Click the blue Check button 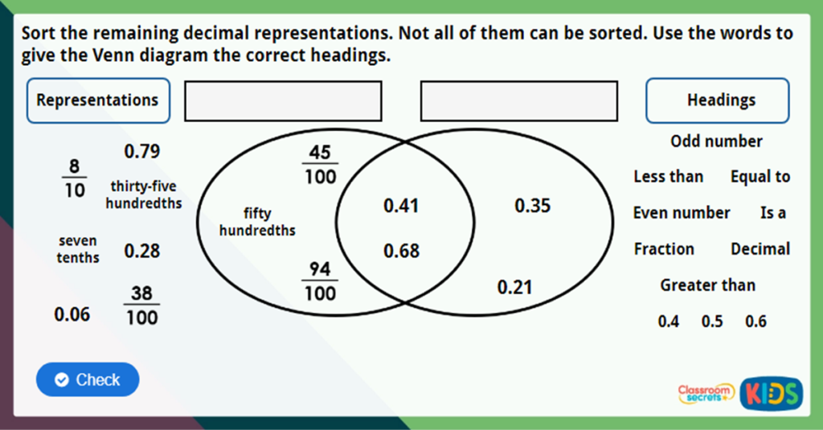(x=88, y=379)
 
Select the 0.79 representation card (x=142, y=151)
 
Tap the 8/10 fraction (x=75, y=178)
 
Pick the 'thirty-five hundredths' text (x=143, y=195)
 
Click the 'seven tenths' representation (x=78, y=249)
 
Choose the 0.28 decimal (x=142, y=251)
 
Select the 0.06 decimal (x=72, y=314)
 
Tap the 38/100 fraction (x=141, y=305)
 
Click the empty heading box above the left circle (x=283, y=100)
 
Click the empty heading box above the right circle (x=519, y=100)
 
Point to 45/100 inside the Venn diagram (x=320, y=164)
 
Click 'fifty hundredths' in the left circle (x=257, y=222)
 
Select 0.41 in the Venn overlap (x=402, y=206)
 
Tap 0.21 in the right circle (x=515, y=287)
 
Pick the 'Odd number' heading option (x=716, y=141)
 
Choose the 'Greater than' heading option (x=707, y=285)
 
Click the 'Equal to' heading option (x=760, y=177)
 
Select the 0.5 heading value (x=712, y=321)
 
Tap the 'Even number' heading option (x=682, y=213)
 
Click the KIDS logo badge (x=772, y=393)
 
